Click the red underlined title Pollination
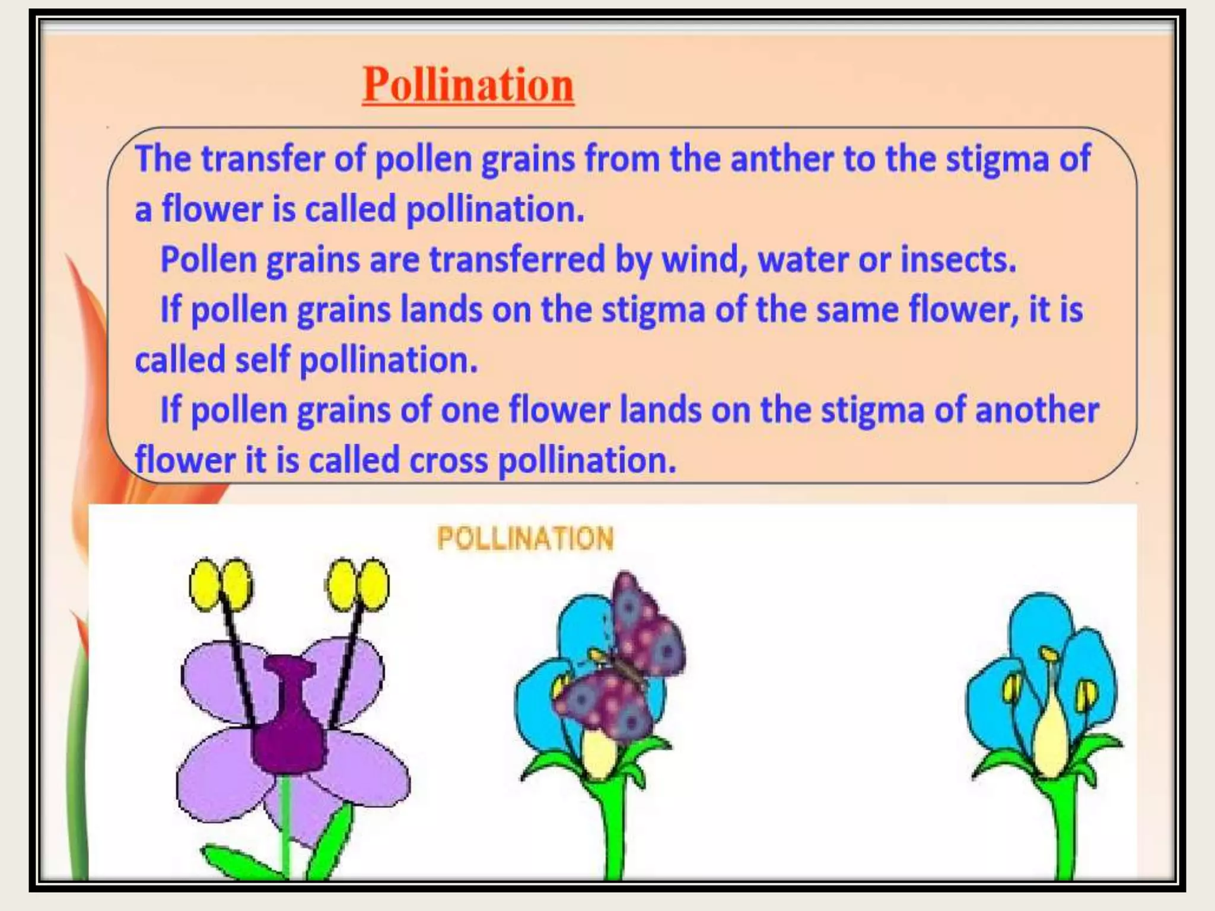pos(468,85)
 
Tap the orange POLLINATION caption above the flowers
pos(525,539)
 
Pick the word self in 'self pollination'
pos(262,360)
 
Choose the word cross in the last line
pos(449,460)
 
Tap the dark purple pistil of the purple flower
pos(290,718)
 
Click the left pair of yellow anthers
pos(220,584)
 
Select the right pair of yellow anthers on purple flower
pos(358,584)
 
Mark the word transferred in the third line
pos(517,260)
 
